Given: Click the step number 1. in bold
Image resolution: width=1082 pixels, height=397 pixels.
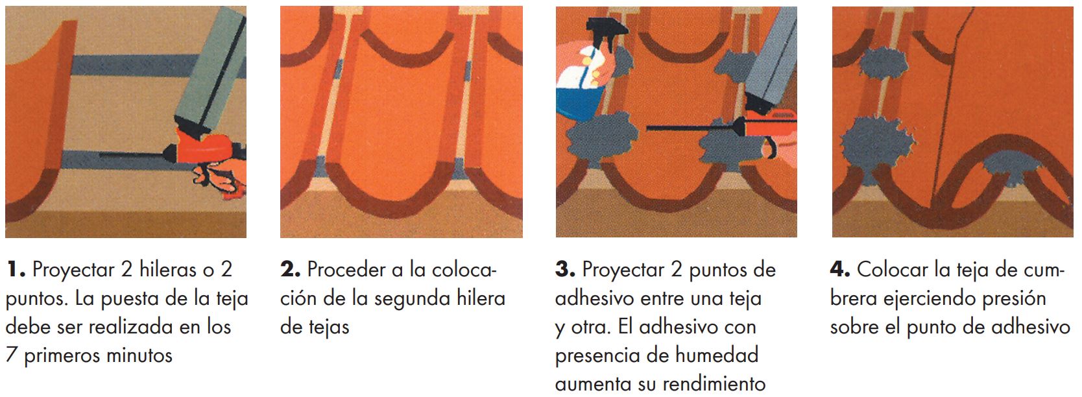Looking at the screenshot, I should point(16,270).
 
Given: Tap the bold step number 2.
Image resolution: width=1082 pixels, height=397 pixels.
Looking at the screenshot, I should point(291,270).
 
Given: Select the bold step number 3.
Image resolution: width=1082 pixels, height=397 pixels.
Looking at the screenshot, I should point(566,270).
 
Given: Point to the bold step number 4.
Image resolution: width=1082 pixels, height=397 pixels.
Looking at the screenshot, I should point(840,270).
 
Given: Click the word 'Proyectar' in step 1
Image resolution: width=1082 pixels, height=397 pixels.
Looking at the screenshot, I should point(73,271).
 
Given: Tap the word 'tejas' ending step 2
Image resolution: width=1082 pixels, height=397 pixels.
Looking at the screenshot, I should point(330,327).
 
